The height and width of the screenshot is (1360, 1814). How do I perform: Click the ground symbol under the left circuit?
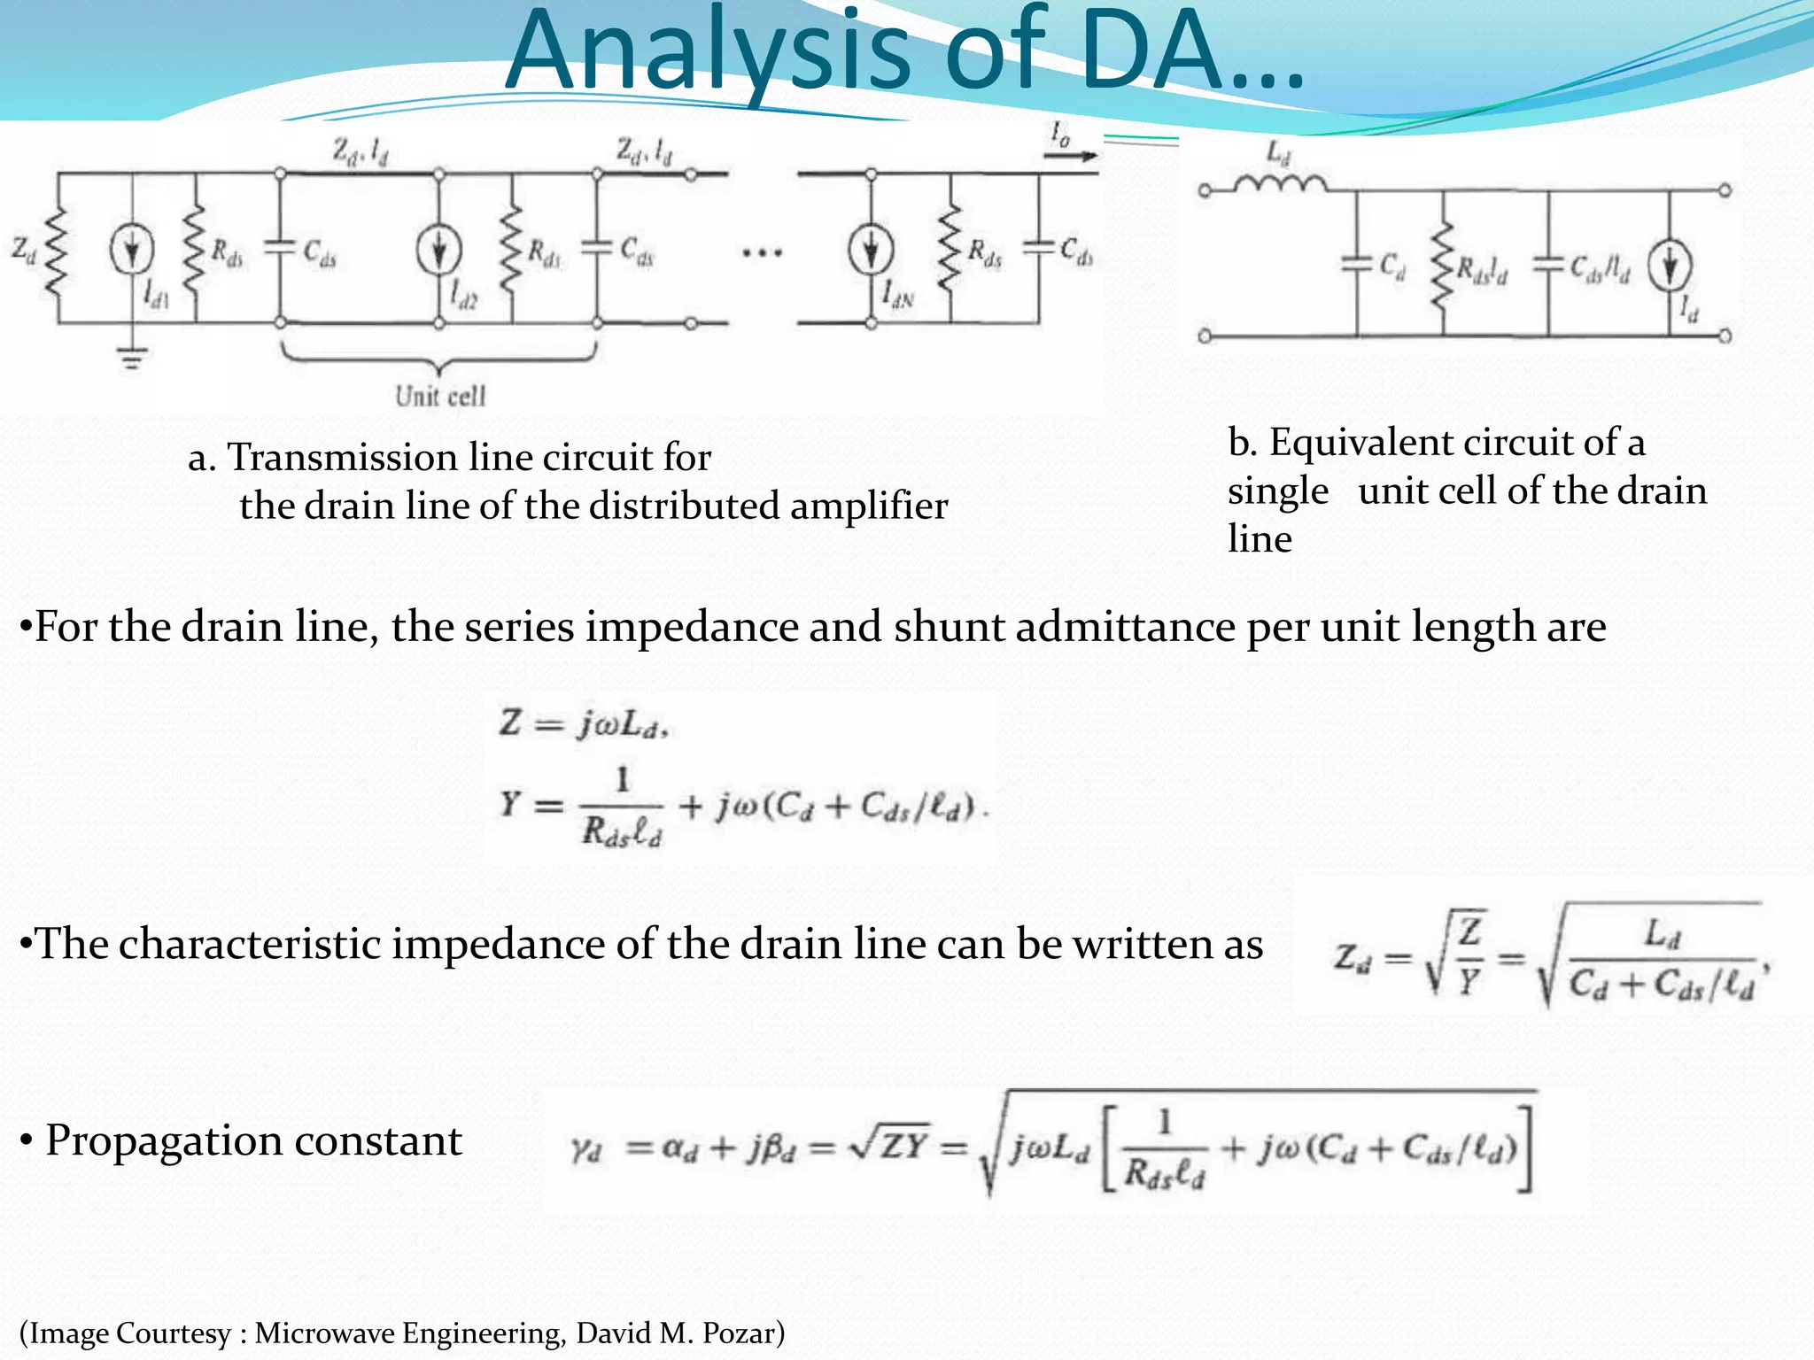click(x=132, y=358)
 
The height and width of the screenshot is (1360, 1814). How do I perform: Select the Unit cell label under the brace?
click(x=440, y=396)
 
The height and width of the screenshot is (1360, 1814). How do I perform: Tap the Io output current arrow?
click(x=1070, y=155)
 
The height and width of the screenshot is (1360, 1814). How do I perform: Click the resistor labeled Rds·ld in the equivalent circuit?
click(x=1444, y=265)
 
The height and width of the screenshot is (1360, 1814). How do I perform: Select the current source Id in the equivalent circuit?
click(x=1670, y=267)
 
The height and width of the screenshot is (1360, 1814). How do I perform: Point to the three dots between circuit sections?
click(x=763, y=253)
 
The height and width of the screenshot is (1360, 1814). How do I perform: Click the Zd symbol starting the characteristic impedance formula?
click(x=1353, y=959)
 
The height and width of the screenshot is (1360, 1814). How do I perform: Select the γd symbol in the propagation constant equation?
click(x=586, y=1148)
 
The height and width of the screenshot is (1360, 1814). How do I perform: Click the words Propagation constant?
click(x=253, y=1140)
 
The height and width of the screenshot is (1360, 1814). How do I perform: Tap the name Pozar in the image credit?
click(x=737, y=1333)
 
